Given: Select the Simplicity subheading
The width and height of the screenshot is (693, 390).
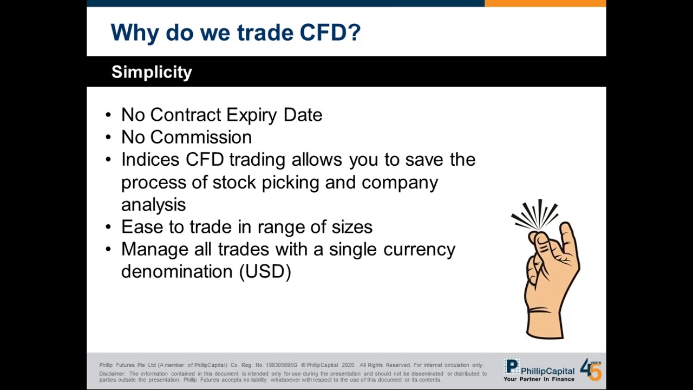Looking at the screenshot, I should (x=152, y=72).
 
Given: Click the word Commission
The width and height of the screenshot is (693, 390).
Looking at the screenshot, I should (x=201, y=138).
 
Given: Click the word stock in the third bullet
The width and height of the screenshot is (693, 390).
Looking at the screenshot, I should (x=234, y=183).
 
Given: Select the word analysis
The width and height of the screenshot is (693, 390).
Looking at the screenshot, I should (x=153, y=205).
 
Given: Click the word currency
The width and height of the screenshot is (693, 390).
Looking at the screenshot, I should (x=419, y=249).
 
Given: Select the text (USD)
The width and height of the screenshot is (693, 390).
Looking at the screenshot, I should (x=265, y=271).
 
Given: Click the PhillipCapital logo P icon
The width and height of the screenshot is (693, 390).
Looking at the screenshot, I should (x=512, y=367).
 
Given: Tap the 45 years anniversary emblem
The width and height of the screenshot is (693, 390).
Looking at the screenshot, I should (x=591, y=369).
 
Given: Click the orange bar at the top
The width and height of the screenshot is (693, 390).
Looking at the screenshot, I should (x=545, y=3).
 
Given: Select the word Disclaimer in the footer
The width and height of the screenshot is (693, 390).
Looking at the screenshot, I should (x=112, y=374).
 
